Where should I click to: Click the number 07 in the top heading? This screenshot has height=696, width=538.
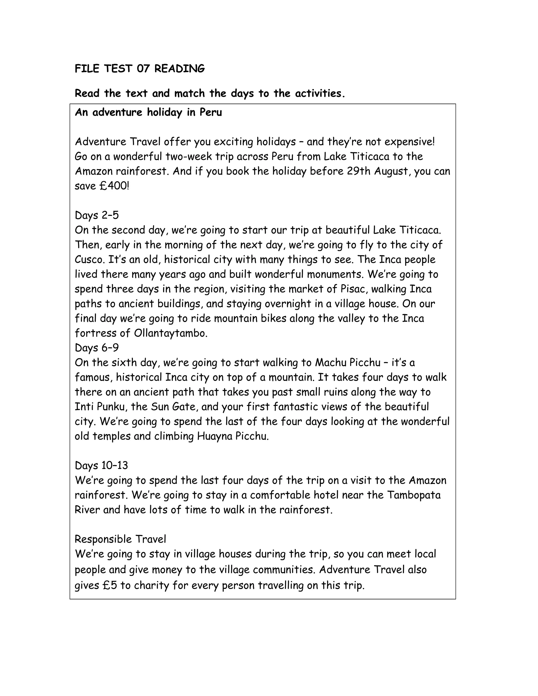point(143,69)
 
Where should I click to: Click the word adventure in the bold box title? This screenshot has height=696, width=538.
point(117,112)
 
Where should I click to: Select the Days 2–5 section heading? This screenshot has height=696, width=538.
point(97,215)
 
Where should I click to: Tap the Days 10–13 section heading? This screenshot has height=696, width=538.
point(101,466)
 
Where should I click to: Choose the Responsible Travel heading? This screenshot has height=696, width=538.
point(120,539)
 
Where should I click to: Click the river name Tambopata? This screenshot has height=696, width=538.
point(414,495)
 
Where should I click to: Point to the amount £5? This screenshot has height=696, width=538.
point(110,585)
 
